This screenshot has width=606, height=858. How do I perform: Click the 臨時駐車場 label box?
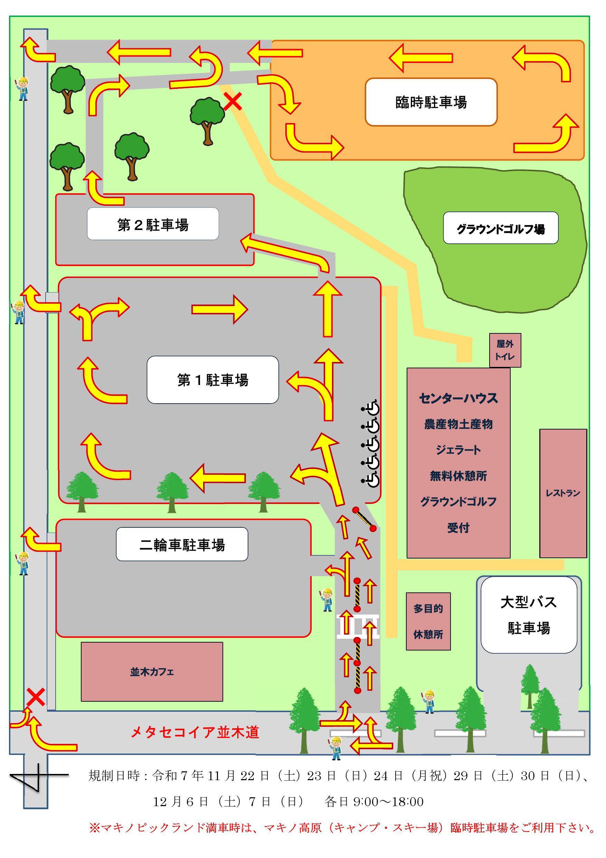click(431, 102)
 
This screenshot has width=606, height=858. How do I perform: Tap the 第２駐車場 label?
click(153, 224)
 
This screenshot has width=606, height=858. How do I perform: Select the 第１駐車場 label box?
click(212, 380)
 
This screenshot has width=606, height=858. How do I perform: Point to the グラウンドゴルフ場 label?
click(500, 228)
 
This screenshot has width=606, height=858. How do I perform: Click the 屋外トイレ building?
click(505, 350)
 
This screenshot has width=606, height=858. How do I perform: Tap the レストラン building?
click(563, 493)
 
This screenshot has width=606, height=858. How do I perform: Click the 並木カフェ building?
click(152, 672)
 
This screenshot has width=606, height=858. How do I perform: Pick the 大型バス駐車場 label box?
click(528, 615)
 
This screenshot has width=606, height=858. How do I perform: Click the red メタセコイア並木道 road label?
click(195, 732)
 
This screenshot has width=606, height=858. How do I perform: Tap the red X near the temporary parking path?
click(233, 102)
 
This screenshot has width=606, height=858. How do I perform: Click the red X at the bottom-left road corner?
click(36, 697)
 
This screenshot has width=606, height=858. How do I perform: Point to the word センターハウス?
click(458, 398)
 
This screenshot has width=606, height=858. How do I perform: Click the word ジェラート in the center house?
click(458, 450)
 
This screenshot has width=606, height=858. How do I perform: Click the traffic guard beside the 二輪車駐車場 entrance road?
click(327, 600)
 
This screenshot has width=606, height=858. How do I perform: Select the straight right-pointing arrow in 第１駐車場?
click(219, 309)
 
